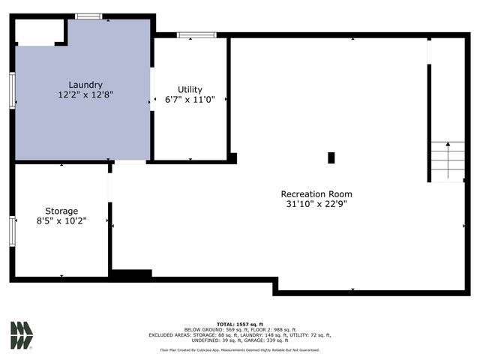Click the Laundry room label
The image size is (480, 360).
coord(85,85)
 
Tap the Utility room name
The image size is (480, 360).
coord(190,89)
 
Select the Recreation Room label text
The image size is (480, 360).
coord(316,193)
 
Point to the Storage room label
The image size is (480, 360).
coord(61,211)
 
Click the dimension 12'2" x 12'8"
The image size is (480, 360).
coord(85,95)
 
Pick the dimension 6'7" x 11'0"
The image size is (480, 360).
coord(190,100)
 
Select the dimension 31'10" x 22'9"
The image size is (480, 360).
coord(316,203)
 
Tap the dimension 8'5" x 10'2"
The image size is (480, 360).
coord(61,220)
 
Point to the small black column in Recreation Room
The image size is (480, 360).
coord(331,157)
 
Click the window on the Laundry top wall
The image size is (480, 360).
coord(88,16)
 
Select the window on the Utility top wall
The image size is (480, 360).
coord(196,34)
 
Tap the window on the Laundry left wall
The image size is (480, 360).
coord(12,90)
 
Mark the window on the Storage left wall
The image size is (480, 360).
coord(12,230)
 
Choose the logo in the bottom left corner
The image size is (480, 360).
coord(21,335)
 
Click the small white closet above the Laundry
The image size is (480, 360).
coord(39,31)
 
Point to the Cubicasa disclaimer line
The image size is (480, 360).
coord(239,349)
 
